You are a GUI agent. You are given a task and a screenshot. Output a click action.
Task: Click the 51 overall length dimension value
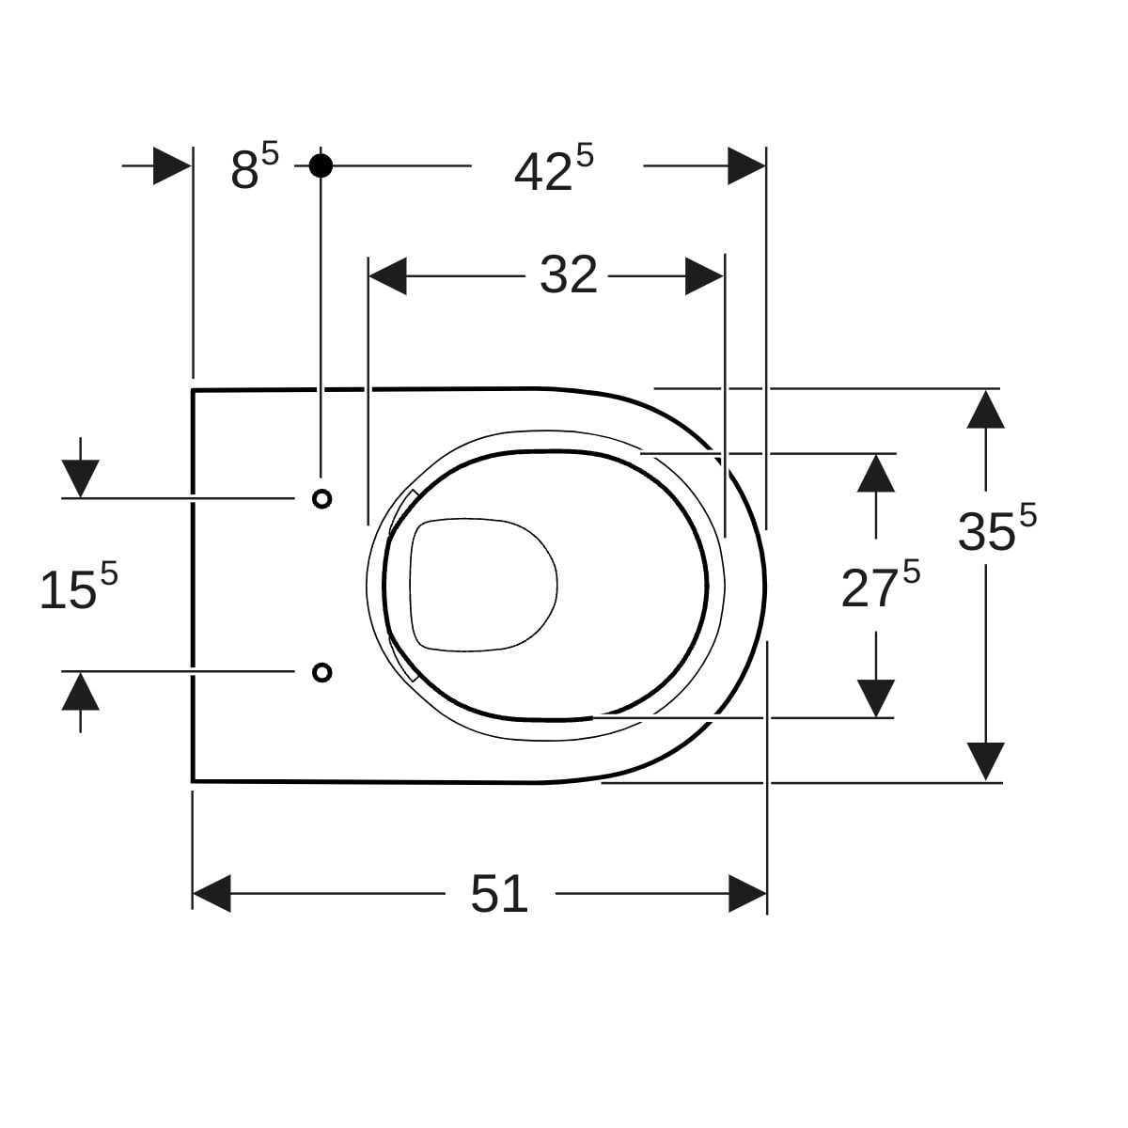pos(499,894)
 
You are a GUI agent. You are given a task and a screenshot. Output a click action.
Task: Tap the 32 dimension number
pos(569,275)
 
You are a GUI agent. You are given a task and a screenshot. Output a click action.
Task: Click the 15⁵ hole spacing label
pos(78,587)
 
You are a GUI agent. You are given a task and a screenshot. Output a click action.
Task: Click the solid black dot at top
pos(321,165)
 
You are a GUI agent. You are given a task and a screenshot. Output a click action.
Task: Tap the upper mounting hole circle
pos(322,499)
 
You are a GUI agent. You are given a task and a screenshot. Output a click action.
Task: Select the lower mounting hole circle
pos(322,673)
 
